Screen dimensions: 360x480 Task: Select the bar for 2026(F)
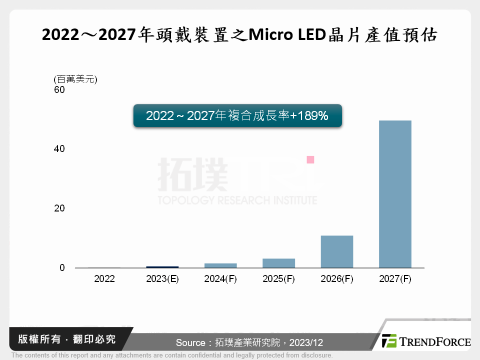pyautogui.click(x=337, y=251)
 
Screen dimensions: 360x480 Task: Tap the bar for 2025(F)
pyautogui.click(x=278, y=263)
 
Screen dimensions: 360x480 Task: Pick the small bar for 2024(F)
pyautogui.click(x=220, y=265)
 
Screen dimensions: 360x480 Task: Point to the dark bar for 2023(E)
pyautogui.click(x=162, y=267)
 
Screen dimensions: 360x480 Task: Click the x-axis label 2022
pyautogui.click(x=104, y=279)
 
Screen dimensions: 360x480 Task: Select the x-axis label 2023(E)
pyautogui.click(x=162, y=279)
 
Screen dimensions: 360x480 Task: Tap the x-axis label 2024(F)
pyautogui.click(x=220, y=279)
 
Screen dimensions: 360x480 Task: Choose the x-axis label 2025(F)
pyautogui.click(x=278, y=279)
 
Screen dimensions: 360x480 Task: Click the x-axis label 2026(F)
pyautogui.click(x=337, y=279)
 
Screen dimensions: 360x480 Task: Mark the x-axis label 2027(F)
pyautogui.click(x=395, y=279)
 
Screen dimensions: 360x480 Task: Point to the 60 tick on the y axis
pyautogui.click(x=59, y=90)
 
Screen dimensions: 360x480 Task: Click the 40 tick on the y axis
pyautogui.click(x=59, y=149)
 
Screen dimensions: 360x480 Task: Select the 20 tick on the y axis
pyautogui.click(x=59, y=208)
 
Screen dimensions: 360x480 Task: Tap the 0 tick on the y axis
pyautogui.click(x=62, y=268)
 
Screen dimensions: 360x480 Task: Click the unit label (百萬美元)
pyautogui.click(x=75, y=79)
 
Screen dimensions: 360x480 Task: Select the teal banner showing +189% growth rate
pyautogui.click(x=237, y=115)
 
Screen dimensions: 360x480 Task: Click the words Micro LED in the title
pyautogui.click(x=285, y=35)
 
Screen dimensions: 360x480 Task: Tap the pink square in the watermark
pyautogui.click(x=310, y=159)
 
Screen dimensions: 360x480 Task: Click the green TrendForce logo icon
pyautogui.click(x=389, y=341)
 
